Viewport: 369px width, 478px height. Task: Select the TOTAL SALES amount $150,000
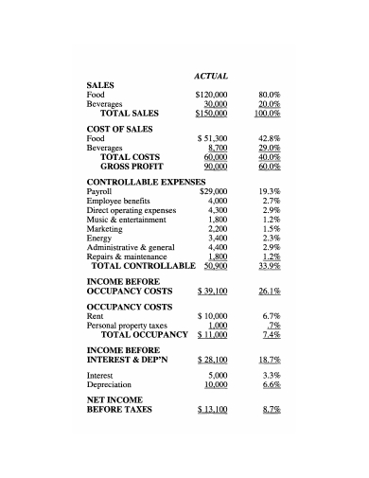tap(211, 114)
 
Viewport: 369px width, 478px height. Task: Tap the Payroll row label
tap(99, 191)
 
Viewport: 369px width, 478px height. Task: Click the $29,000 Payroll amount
tap(214, 191)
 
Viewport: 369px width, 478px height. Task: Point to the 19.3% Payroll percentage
tap(271, 191)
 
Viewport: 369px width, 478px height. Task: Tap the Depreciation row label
tap(108, 385)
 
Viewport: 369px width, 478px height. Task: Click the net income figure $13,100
tap(213, 410)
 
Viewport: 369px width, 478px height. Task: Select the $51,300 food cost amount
tap(213, 138)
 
